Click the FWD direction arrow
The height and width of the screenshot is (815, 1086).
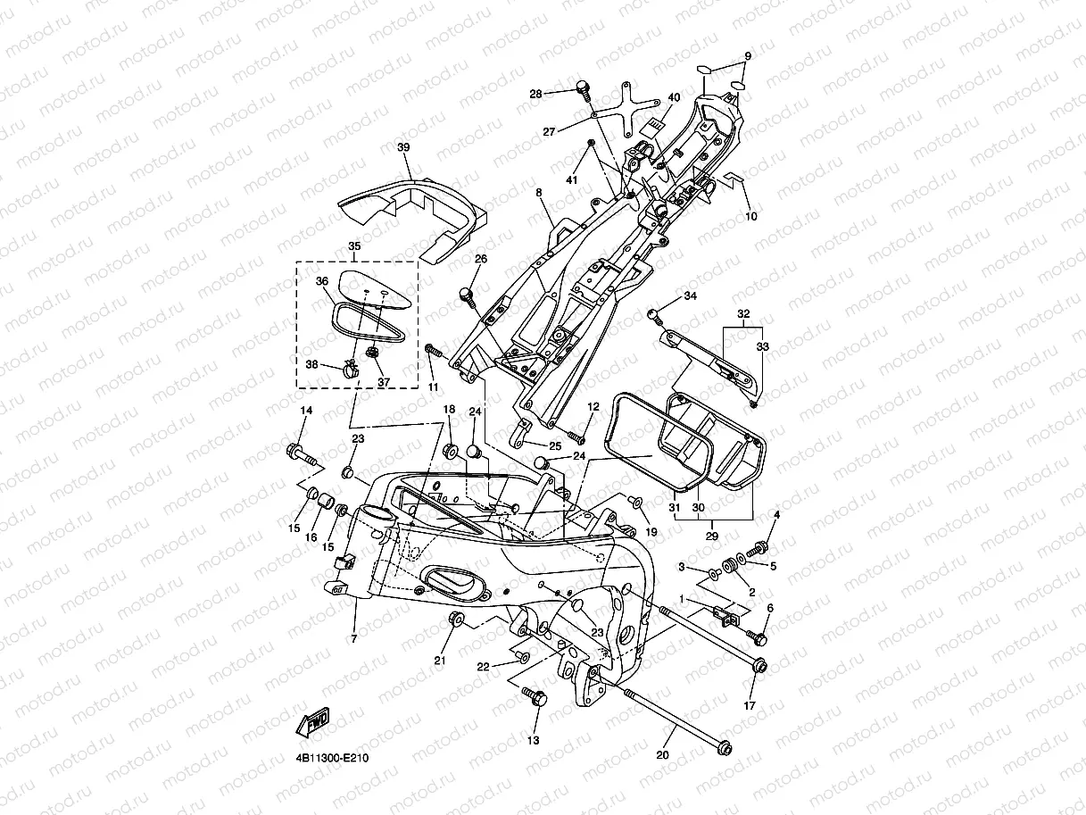tap(312, 721)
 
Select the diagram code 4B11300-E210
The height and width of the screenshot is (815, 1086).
tap(333, 758)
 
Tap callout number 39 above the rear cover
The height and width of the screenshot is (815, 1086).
tap(403, 147)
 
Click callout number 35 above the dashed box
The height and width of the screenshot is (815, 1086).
tap(354, 246)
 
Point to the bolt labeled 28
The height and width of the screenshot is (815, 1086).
tap(584, 90)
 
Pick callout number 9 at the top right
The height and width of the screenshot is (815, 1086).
tap(748, 56)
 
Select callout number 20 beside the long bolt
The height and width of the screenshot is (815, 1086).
tap(662, 755)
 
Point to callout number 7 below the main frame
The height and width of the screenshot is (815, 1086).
tap(353, 639)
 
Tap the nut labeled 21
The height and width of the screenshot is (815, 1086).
tap(456, 620)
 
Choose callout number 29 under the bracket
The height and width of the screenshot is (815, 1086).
tap(711, 536)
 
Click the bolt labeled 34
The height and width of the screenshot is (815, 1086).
tap(654, 317)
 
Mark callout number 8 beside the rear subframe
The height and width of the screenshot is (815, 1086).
tap(538, 193)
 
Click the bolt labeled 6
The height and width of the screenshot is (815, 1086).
tap(757, 637)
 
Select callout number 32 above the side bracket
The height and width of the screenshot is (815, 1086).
tap(743, 313)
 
